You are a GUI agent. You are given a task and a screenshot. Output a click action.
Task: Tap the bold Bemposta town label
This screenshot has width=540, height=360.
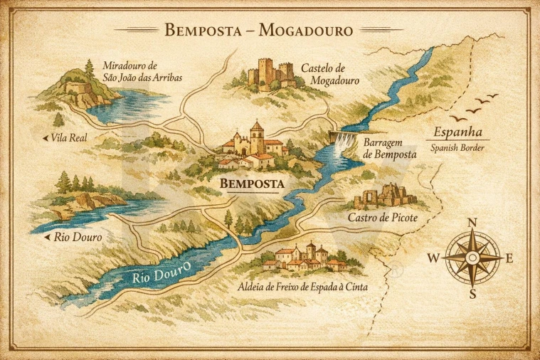click(252, 184)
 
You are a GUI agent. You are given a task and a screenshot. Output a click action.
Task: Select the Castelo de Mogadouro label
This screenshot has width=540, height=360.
click(329, 74)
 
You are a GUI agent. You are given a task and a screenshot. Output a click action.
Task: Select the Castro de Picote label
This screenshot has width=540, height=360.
click(383, 217)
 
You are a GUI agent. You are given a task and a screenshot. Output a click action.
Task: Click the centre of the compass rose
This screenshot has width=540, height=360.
click(472, 258)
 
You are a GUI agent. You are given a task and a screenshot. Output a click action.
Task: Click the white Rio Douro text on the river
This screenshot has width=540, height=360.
click(162, 272)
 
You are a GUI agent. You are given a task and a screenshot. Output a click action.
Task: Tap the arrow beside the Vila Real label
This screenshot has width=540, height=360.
click(46, 137)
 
